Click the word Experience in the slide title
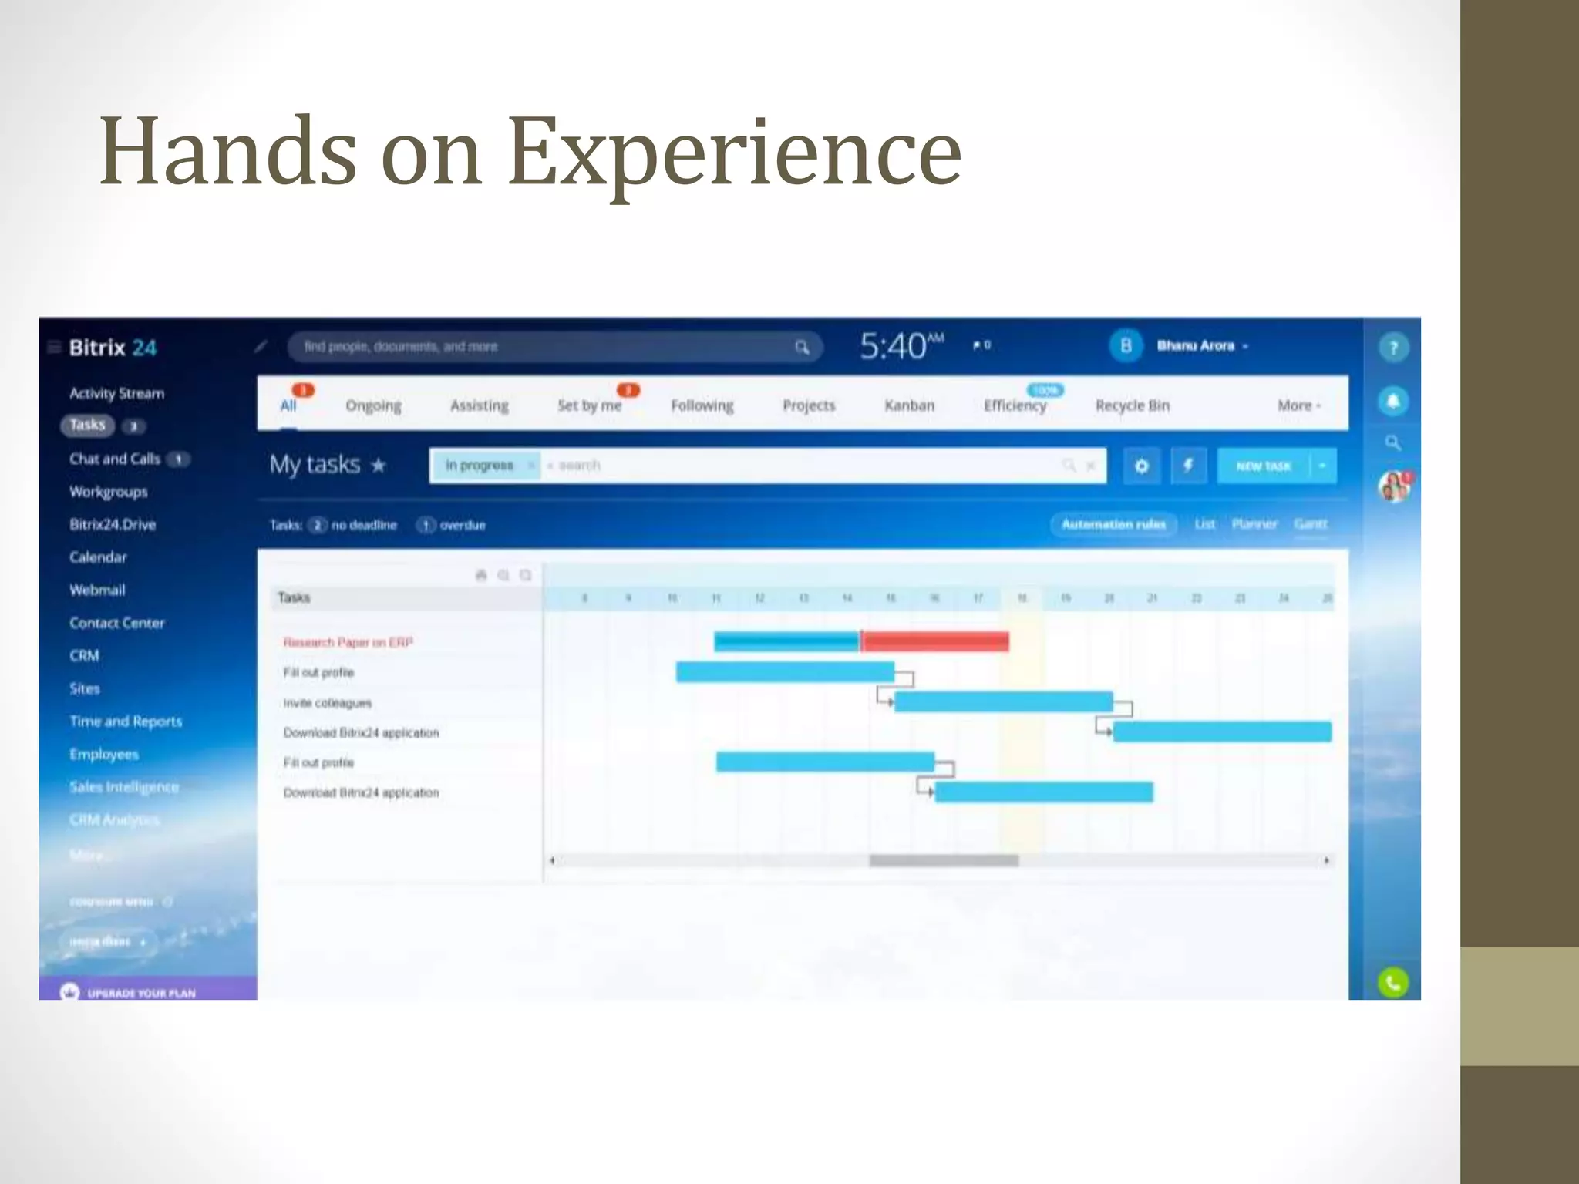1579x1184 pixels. tap(734, 151)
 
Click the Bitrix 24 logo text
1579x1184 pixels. tap(113, 348)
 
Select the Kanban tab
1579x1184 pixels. tap(909, 405)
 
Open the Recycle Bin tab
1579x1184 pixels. tap(1132, 405)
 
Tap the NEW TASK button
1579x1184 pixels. tap(1263, 466)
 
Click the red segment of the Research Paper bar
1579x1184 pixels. tap(934, 641)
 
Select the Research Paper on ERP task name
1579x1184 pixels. tap(348, 642)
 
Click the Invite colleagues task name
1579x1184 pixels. tap(327, 703)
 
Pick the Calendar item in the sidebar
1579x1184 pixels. tap(98, 557)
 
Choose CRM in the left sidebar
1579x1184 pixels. tap(84, 656)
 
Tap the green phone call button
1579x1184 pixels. tap(1392, 983)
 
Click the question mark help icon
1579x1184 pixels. tap(1393, 348)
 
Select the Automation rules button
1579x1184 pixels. tap(1113, 524)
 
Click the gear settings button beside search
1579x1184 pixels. tap(1142, 466)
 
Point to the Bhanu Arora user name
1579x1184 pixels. tap(1195, 346)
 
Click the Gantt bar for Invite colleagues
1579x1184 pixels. tap(1003, 701)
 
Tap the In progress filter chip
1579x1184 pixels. tap(480, 465)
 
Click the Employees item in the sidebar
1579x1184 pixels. tap(104, 755)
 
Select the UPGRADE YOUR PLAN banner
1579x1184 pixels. tap(142, 993)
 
